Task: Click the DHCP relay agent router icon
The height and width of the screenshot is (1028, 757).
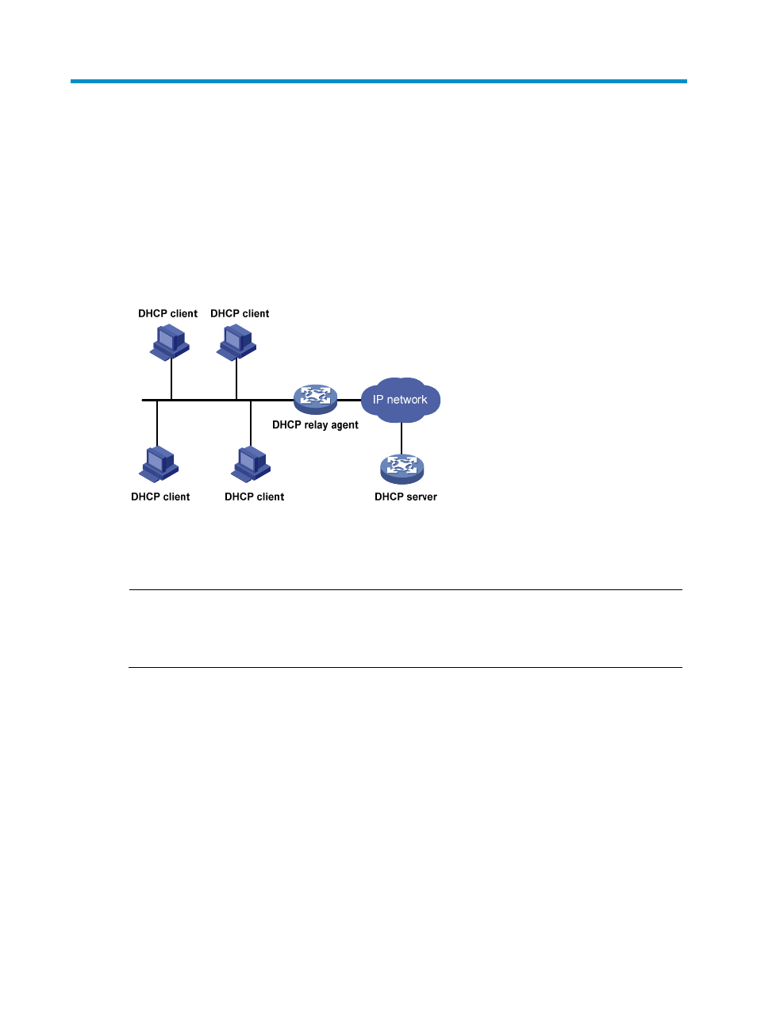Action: click(x=315, y=399)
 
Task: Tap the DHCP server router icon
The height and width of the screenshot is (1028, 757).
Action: click(x=402, y=469)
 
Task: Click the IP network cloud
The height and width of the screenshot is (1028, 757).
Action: click(x=401, y=400)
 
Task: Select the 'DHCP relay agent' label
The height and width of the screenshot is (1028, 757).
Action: click(x=315, y=425)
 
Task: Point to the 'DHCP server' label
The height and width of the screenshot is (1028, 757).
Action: click(x=405, y=497)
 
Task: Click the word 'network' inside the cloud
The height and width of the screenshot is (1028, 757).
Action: click(x=407, y=400)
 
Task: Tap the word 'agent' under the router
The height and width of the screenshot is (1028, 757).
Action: click(x=344, y=425)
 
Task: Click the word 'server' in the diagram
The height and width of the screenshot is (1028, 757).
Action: click(x=421, y=497)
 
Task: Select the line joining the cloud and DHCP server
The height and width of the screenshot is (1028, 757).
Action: click(x=402, y=439)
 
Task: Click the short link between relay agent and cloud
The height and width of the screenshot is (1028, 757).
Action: click(x=349, y=401)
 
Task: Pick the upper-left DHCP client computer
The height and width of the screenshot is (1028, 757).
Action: click(x=169, y=343)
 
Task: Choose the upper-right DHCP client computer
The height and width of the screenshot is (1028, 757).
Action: click(x=236, y=343)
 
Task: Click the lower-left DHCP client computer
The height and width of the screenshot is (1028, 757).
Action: click(x=159, y=464)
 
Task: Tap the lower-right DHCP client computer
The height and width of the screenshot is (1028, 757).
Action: click(x=251, y=464)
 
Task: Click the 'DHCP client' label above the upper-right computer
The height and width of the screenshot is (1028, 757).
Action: click(x=240, y=313)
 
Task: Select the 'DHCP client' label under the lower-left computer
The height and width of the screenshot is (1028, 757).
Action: click(x=160, y=497)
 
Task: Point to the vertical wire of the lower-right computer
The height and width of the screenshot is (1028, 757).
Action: click(x=251, y=423)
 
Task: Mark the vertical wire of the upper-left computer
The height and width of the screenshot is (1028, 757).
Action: click(x=171, y=379)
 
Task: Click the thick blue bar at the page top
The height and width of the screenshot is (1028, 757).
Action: click(x=378, y=81)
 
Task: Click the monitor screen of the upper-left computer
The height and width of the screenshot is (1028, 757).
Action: click(x=165, y=339)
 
